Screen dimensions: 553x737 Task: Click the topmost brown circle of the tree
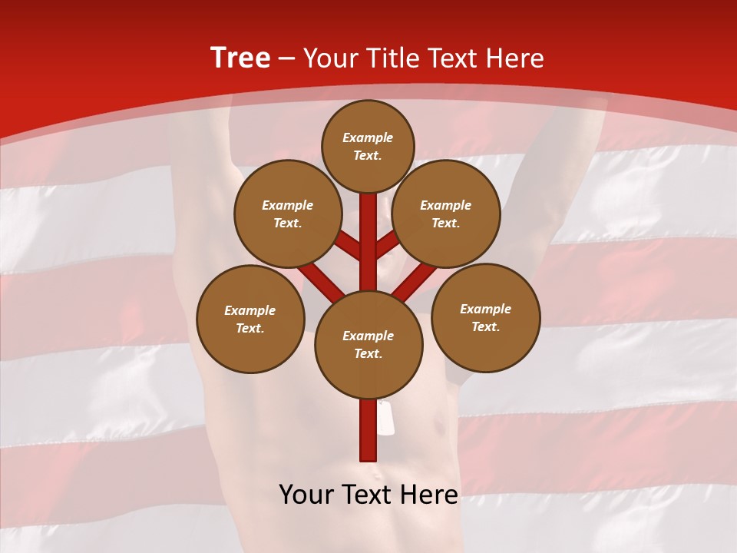pos(368,146)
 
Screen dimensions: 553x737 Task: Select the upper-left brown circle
pos(288,214)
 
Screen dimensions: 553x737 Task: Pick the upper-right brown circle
pos(446,214)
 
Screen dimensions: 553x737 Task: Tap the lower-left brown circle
pos(250,319)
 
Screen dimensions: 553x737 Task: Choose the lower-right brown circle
pos(486,317)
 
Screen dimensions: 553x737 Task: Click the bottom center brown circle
pos(368,344)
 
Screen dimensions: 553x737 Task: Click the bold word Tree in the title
pos(240,58)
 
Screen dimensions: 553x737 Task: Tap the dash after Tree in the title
pos(286,58)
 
